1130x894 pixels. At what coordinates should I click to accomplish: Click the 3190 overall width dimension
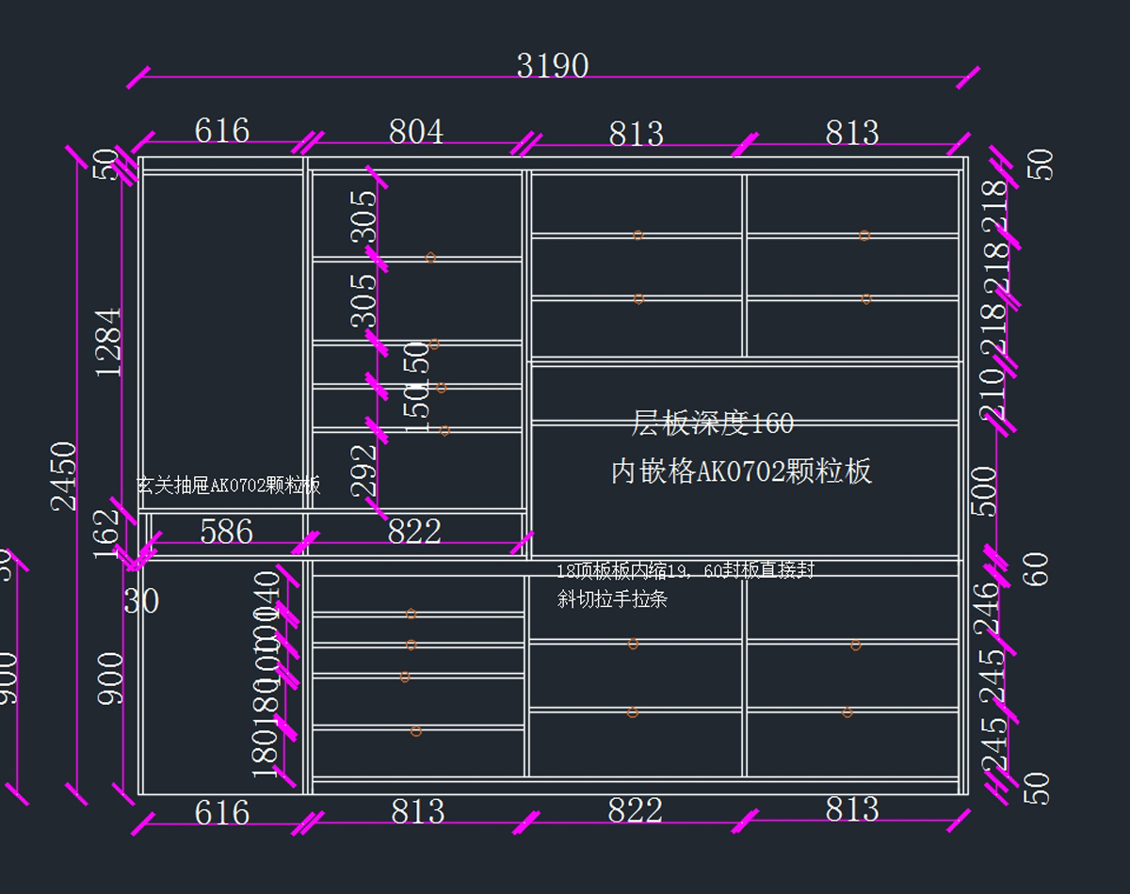click(553, 66)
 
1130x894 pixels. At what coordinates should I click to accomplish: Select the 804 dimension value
click(415, 132)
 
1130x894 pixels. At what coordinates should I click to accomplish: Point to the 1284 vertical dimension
click(109, 342)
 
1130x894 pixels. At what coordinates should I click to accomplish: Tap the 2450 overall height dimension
click(64, 475)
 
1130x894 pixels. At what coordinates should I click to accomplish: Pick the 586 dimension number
click(226, 532)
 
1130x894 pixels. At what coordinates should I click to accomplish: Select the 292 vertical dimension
click(363, 470)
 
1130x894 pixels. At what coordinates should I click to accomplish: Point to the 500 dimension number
click(984, 491)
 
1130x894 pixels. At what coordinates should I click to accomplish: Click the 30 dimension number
click(141, 600)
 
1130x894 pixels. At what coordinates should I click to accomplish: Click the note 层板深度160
click(712, 423)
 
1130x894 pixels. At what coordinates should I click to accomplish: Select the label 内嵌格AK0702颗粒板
click(741, 471)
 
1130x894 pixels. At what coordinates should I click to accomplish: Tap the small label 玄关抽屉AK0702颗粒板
click(229, 486)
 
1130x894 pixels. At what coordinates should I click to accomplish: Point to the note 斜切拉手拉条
click(612, 599)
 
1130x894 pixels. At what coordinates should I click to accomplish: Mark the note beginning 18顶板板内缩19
click(685, 570)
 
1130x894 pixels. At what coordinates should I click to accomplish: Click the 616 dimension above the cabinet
click(222, 131)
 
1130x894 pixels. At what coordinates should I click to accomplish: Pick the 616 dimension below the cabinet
click(222, 812)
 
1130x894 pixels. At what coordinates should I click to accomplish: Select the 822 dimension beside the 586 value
click(414, 532)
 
